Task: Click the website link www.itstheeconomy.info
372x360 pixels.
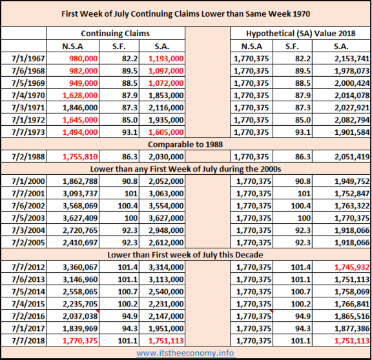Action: click(186, 353)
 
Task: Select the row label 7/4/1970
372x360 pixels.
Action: click(28, 95)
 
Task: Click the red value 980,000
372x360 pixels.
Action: click(83, 59)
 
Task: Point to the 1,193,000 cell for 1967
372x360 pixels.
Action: click(166, 59)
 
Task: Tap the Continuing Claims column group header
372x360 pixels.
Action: click(116, 34)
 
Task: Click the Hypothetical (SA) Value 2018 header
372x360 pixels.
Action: click(300, 34)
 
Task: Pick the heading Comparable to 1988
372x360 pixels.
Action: click(185, 145)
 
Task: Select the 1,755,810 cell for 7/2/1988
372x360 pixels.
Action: click(80, 157)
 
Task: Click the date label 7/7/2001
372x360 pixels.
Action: click(28, 194)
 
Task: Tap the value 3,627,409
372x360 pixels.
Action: click(80, 218)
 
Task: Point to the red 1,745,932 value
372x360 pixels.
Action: click(352, 267)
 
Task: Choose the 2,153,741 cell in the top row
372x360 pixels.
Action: click(352, 59)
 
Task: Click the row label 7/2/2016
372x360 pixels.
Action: click(28, 316)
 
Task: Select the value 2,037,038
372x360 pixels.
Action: click(80, 316)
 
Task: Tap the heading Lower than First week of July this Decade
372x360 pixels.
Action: click(185, 255)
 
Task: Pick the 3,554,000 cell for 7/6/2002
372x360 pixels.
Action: click(166, 206)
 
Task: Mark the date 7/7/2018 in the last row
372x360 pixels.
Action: click(28, 341)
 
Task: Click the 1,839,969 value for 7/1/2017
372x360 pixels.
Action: click(80, 328)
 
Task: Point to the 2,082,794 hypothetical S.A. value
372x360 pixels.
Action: click(352, 120)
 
